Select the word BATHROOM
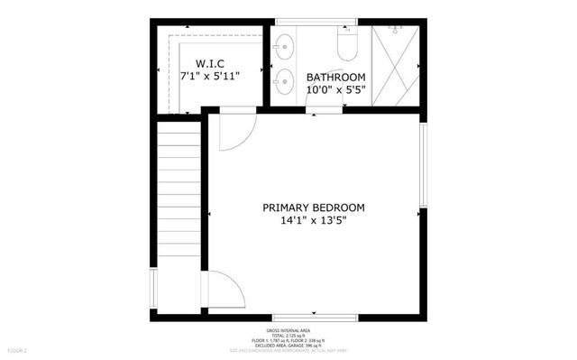click(335, 77)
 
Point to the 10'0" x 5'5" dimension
click(335, 89)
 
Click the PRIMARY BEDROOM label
click(314, 207)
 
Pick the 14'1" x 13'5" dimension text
click(314, 219)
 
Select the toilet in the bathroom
click(347, 43)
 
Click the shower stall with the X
click(396, 64)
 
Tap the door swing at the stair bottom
click(224, 291)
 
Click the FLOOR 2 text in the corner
click(18, 349)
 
